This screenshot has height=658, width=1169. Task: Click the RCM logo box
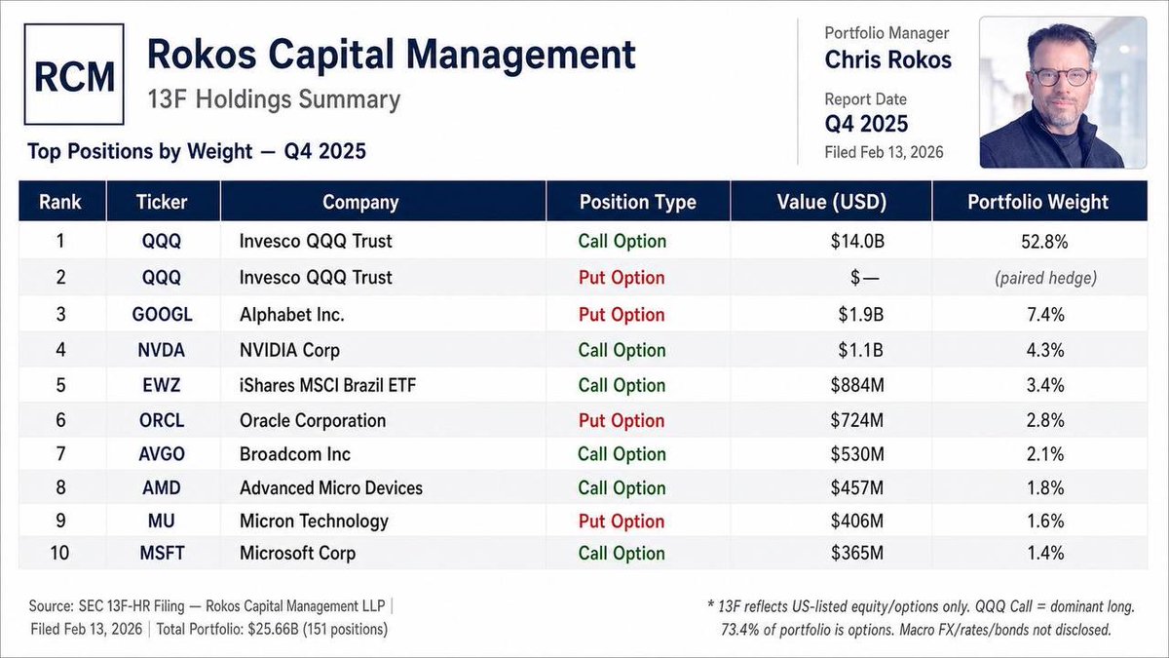[x=74, y=74]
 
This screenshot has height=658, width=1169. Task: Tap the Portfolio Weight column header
[x=1037, y=202]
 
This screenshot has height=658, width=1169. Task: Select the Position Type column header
[x=638, y=202]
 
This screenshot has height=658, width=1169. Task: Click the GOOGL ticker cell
[x=162, y=314]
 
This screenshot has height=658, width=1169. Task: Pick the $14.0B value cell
[x=857, y=241]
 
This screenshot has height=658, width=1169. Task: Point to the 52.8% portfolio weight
[x=1044, y=242]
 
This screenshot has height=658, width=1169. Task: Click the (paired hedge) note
[x=1045, y=278]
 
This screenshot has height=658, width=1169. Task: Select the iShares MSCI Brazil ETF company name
[x=327, y=385]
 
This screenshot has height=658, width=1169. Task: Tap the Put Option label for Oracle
[x=622, y=420]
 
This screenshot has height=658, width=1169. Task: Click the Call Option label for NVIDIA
[x=622, y=350]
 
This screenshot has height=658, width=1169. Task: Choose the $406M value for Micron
[x=857, y=521]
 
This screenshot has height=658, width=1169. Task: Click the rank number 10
[x=59, y=553]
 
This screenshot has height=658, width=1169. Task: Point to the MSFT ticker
[x=162, y=553]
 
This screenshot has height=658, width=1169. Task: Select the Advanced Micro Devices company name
[x=331, y=487]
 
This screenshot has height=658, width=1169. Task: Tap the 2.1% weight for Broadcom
[x=1044, y=454]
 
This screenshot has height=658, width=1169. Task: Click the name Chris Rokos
[x=887, y=60]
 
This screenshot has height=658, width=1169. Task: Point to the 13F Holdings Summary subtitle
[x=274, y=99]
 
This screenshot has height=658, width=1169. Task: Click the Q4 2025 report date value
[x=866, y=125]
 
